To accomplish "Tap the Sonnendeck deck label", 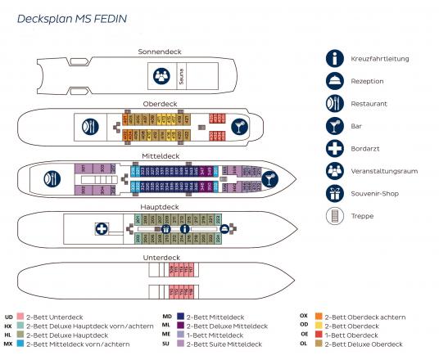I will click(x=161, y=52).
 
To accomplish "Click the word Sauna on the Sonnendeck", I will click(x=182, y=77).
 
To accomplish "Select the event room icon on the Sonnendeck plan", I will click(x=161, y=77).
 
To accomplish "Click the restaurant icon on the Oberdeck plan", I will click(x=89, y=126).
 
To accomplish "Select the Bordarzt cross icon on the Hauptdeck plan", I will click(x=102, y=229).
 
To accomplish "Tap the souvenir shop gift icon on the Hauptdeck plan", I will click(x=166, y=229).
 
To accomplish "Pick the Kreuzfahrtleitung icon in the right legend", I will click(x=335, y=59).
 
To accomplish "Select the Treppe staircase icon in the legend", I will click(x=335, y=216).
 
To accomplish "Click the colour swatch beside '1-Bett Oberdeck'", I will click(x=319, y=334).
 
